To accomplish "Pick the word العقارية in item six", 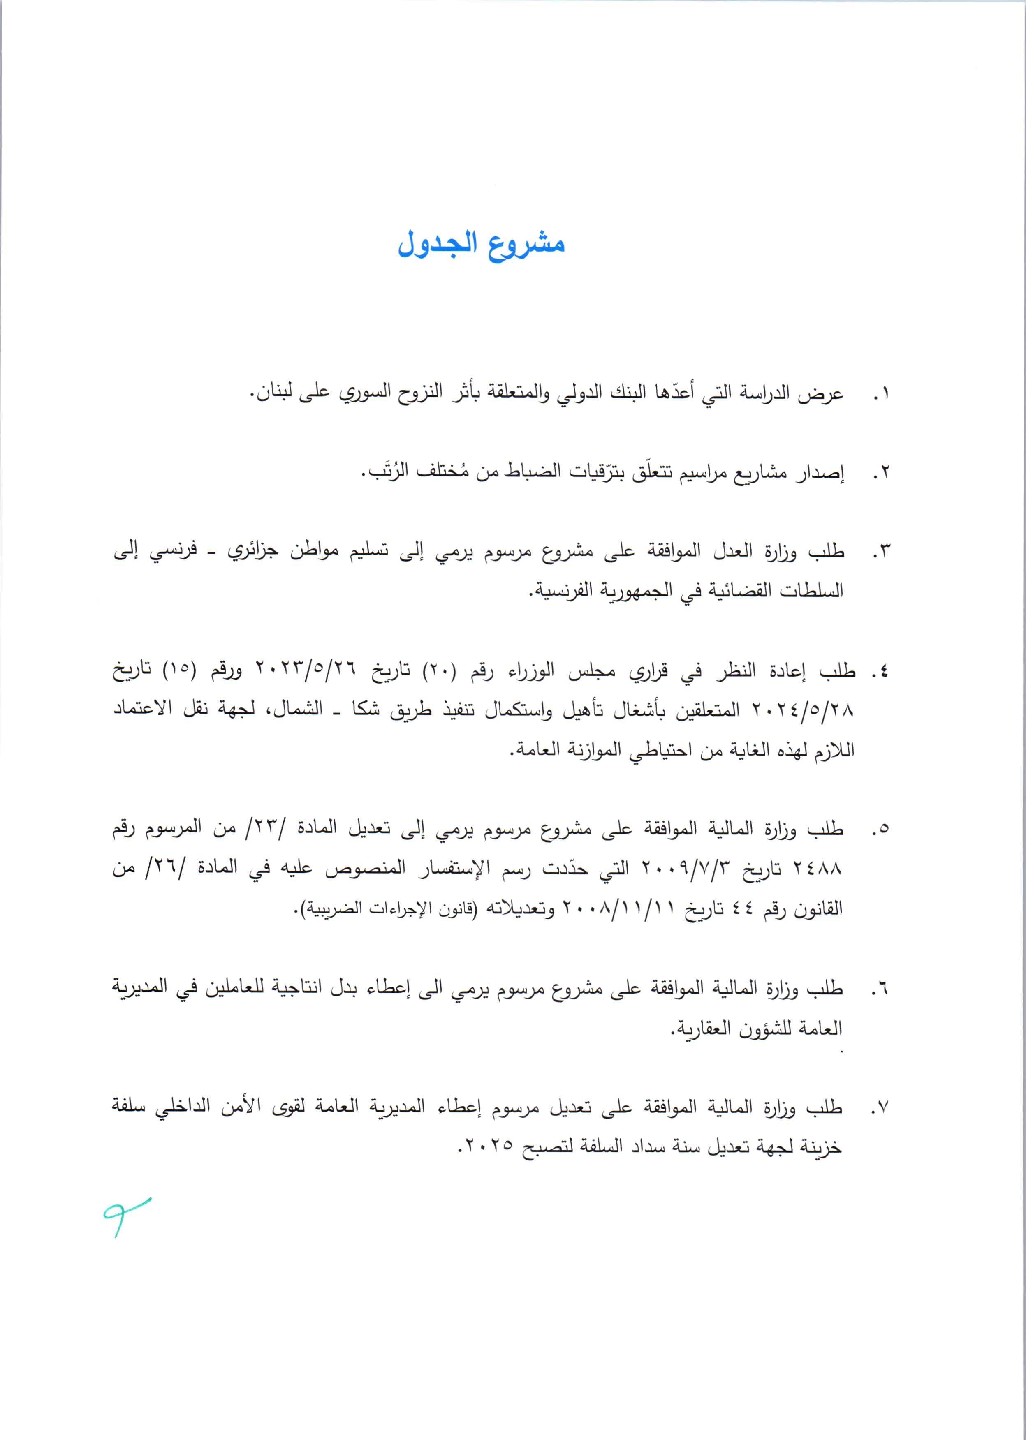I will pyautogui.click(x=701, y=1028).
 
